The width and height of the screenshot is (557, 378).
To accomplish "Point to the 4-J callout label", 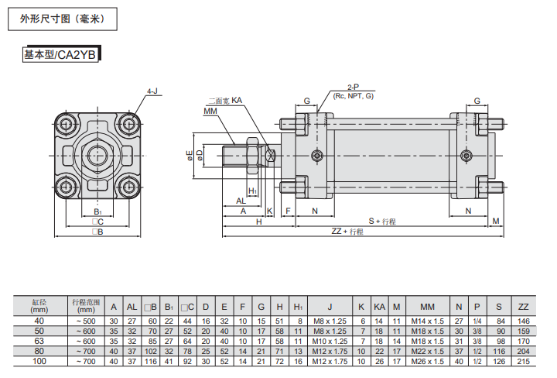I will pos(152,91).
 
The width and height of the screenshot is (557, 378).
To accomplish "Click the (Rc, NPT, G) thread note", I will pos(353,95).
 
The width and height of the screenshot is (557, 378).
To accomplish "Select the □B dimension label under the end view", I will pos(97,231).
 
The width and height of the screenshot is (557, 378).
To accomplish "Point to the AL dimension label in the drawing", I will pos(241,201).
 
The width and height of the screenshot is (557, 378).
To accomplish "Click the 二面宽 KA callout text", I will pos(225,101).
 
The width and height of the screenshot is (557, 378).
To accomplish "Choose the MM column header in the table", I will pos(427,306).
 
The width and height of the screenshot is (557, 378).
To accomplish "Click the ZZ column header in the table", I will pos(523,306).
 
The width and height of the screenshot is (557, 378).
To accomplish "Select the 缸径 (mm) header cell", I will pos(39,305).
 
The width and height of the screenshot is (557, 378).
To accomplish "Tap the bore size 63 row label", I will pos(39,340).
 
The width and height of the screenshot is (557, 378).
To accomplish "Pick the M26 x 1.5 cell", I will pos(427,360).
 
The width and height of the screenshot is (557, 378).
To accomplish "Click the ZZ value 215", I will pos(523,360).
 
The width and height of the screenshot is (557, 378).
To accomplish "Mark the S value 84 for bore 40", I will pos(500,320).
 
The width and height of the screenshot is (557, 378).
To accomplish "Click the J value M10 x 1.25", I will pos(330,340).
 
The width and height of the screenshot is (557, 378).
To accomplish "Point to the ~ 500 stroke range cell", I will pos(85,320).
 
